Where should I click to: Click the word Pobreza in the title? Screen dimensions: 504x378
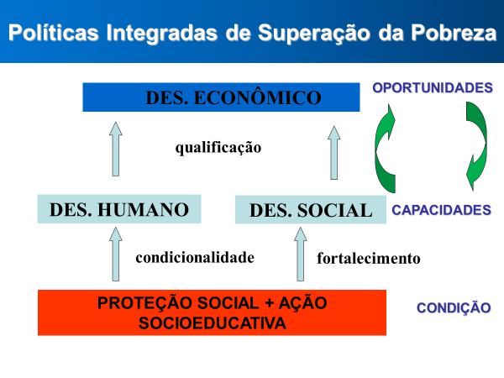[x=454, y=33]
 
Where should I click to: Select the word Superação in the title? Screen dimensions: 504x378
[x=314, y=34]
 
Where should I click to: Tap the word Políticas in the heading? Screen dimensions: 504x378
[x=54, y=33]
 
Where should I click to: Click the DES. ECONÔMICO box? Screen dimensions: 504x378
[x=221, y=97]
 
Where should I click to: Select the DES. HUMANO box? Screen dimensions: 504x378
[x=119, y=209]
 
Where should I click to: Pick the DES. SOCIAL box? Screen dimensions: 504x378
[x=311, y=209]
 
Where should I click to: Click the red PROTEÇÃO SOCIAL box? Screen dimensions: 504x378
[x=212, y=312]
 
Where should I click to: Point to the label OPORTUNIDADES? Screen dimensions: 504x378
[x=433, y=87]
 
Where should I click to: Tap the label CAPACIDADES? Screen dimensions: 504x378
[x=441, y=210]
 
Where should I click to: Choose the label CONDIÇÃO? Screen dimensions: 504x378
[x=454, y=307]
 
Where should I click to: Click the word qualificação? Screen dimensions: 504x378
[x=218, y=148]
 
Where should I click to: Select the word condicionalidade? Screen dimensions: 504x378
[x=195, y=258]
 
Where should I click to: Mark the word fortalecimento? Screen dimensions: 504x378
[x=369, y=259]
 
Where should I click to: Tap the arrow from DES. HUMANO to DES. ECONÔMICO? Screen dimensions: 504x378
[x=116, y=149]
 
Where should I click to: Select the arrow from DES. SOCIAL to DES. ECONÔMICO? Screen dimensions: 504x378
[x=334, y=152]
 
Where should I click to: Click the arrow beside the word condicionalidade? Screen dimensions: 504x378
[x=116, y=255]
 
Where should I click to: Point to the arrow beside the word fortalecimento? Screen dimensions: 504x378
[x=301, y=255]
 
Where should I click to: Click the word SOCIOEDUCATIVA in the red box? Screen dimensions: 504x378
[x=213, y=323]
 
